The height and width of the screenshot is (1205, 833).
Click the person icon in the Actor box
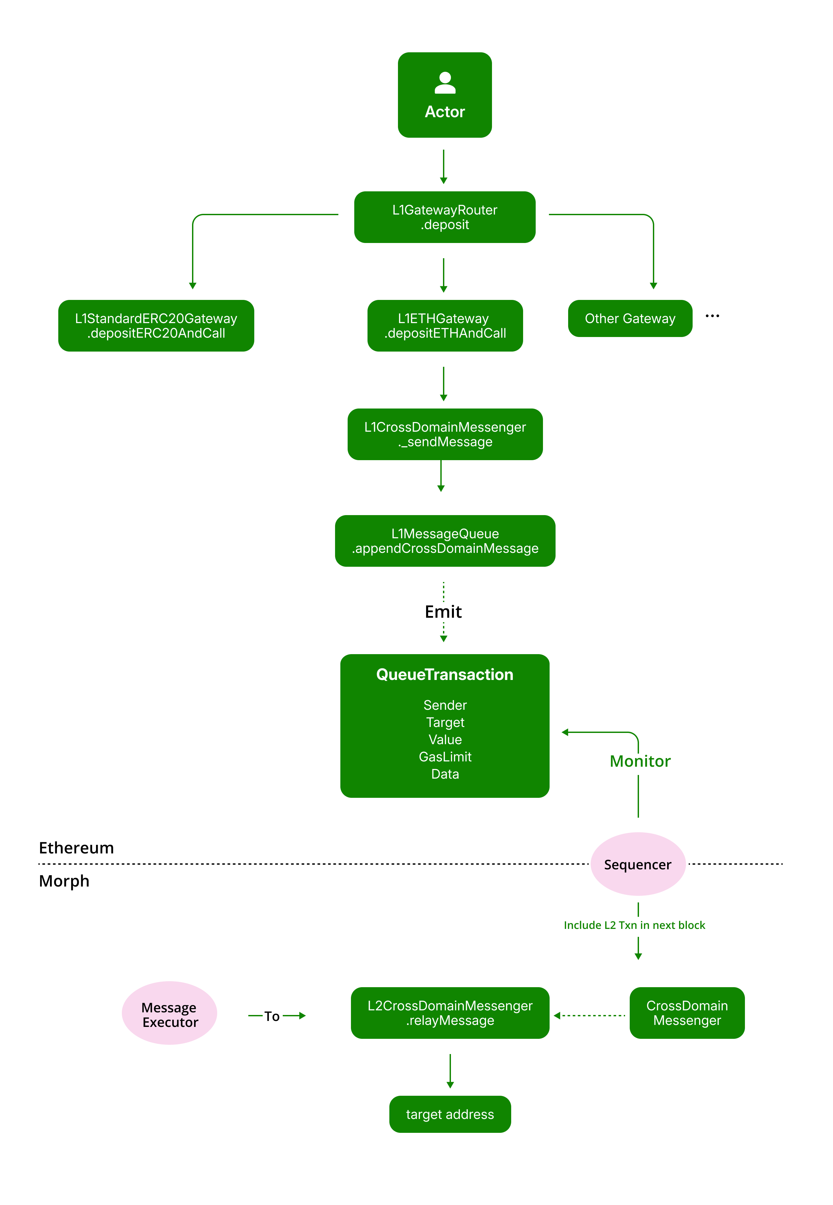445,83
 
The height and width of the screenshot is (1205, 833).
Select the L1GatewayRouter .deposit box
445,217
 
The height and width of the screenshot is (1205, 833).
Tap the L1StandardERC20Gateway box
156,326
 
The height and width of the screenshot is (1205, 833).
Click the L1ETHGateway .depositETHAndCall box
445,326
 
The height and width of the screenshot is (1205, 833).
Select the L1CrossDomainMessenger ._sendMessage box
445,434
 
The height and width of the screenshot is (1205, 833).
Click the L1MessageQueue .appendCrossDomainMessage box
445,541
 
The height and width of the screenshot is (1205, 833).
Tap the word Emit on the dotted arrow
443,612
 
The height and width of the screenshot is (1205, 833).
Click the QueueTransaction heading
445,674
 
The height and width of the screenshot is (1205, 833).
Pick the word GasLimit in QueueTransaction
445,757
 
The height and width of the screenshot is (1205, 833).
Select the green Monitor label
640,761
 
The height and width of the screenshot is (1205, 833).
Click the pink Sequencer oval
637,864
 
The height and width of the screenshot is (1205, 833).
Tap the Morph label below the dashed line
64,881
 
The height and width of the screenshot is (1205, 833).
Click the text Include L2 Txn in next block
634,925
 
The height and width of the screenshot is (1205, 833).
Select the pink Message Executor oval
170,1013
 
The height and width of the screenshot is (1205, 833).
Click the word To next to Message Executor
272,1016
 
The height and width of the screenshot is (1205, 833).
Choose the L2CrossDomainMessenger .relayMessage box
450,1013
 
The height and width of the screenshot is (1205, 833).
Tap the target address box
450,1114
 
